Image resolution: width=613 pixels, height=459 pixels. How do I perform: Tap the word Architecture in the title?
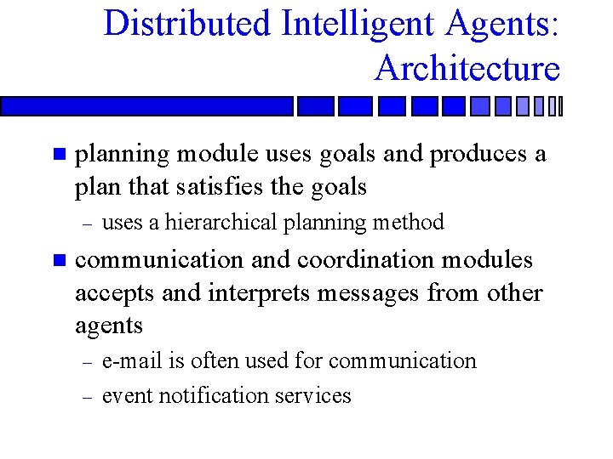tap(467, 67)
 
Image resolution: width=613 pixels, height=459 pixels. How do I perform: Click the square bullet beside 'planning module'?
tap(58, 155)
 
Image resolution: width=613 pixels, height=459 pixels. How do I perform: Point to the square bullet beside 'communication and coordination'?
tap(58, 260)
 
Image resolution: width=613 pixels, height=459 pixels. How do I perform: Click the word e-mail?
tap(132, 360)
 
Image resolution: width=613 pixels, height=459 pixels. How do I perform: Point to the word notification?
tap(214, 395)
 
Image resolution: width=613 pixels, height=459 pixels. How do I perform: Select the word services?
tap(312, 395)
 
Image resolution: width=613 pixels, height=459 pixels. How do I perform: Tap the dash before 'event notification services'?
tap(84, 396)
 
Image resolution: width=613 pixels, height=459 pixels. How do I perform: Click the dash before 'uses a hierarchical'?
tap(84, 224)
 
